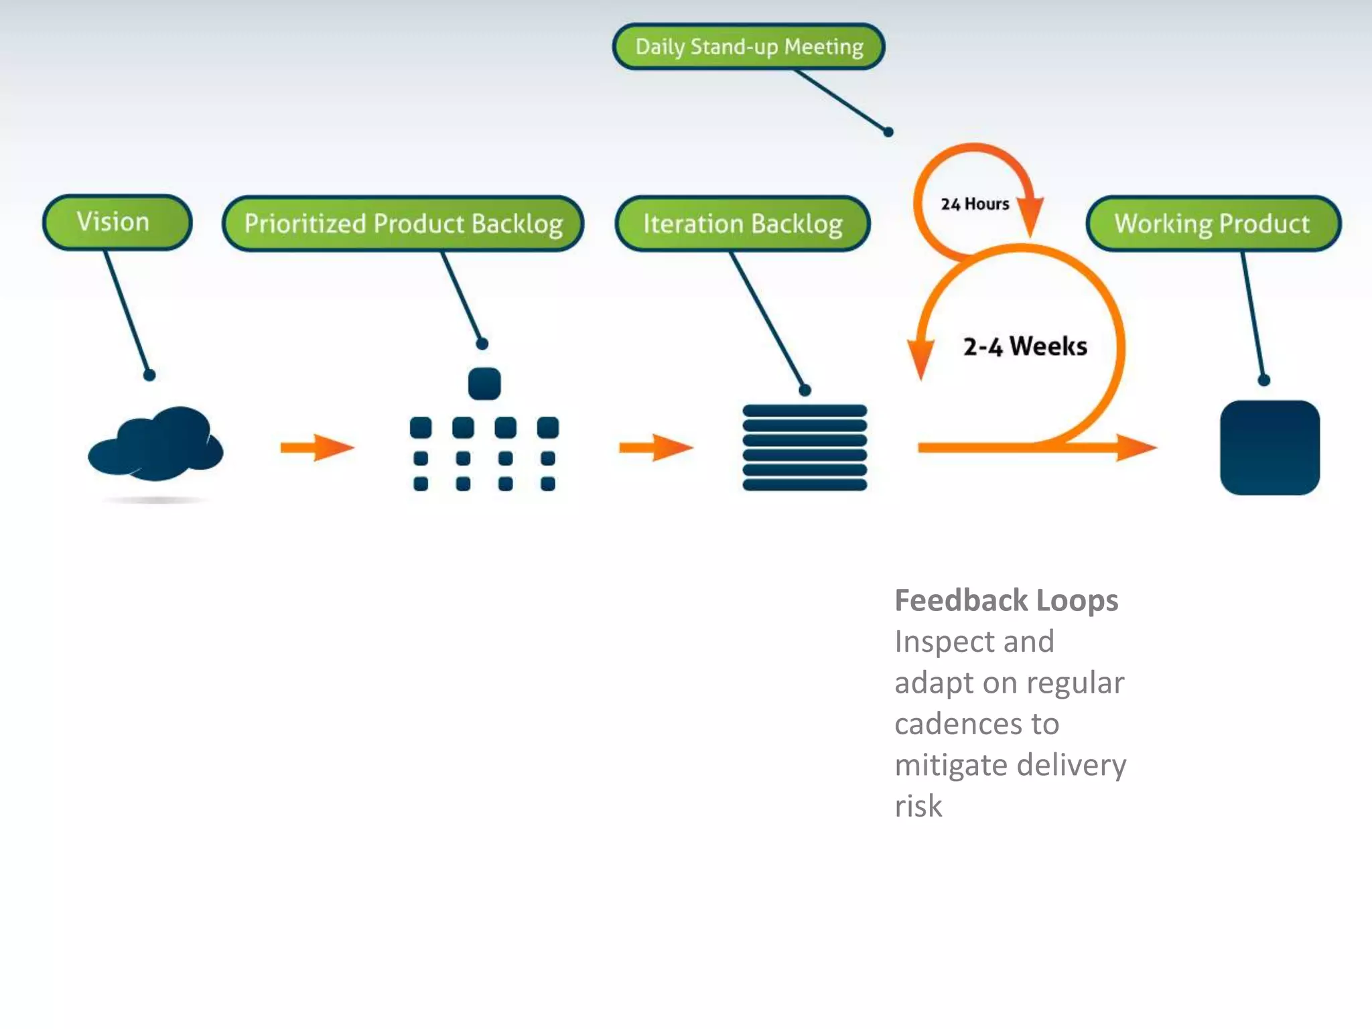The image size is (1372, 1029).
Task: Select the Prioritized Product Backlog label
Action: [403, 224]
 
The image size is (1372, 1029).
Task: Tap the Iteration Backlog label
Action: [742, 224]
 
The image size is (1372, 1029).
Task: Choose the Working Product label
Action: [1213, 224]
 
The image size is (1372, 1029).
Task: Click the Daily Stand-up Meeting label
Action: [748, 47]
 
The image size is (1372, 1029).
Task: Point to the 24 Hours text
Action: [974, 204]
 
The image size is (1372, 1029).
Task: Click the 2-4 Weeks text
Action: [1025, 346]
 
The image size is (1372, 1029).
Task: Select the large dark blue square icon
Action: [1270, 448]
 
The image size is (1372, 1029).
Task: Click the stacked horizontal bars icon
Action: [805, 448]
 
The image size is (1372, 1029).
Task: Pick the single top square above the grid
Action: [484, 384]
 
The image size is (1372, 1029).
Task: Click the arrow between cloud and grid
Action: [317, 448]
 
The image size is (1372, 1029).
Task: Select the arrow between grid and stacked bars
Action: [656, 448]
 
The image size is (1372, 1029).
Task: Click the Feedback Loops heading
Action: [1006, 600]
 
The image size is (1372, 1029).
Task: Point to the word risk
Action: [918, 806]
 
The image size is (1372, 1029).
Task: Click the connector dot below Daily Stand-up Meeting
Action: [888, 132]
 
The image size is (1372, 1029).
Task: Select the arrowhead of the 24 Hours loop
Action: [1031, 216]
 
